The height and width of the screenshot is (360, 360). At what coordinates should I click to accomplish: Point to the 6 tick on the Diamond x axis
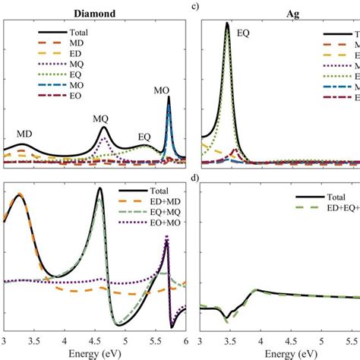185,341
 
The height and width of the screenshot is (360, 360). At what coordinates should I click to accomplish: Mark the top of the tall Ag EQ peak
226,24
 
